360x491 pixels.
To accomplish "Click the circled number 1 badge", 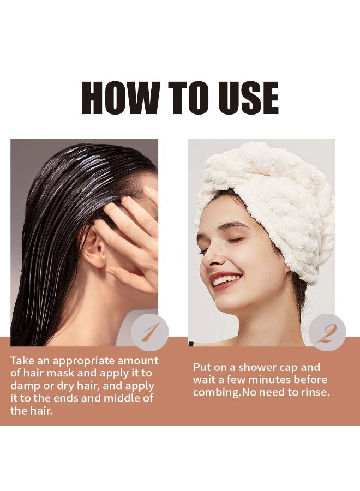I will pos(150,332).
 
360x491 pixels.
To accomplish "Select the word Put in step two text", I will pos(203,367).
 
